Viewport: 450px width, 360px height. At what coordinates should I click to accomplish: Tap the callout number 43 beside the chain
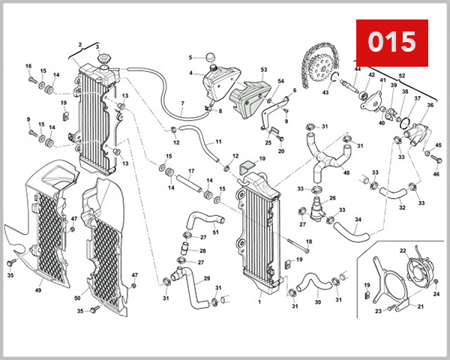pyautogui.click(x=325, y=92)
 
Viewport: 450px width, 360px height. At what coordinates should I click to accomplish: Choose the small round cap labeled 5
pyautogui.click(x=209, y=57)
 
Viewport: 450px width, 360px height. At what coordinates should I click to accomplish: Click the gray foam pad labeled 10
pyautogui.click(x=247, y=169)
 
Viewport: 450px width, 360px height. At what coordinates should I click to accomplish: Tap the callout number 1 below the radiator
pyautogui.click(x=259, y=301)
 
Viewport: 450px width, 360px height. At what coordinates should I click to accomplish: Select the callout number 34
pyautogui.click(x=358, y=220)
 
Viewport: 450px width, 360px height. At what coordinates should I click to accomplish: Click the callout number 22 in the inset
pyautogui.click(x=403, y=250)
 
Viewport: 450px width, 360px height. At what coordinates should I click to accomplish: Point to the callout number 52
pyautogui.click(x=401, y=76)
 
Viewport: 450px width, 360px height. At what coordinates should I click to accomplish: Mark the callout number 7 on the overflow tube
pyautogui.click(x=182, y=103)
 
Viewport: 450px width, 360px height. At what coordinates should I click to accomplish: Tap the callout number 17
pyautogui.click(x=190, y=171)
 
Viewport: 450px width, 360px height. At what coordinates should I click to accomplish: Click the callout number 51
pyautogui.click(x=215, y=232)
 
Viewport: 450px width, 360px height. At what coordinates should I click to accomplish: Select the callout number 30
pyautogui.click(x=317, y=302)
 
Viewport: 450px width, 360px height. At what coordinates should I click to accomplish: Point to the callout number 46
pyautogui.click(x=436, y=174)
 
